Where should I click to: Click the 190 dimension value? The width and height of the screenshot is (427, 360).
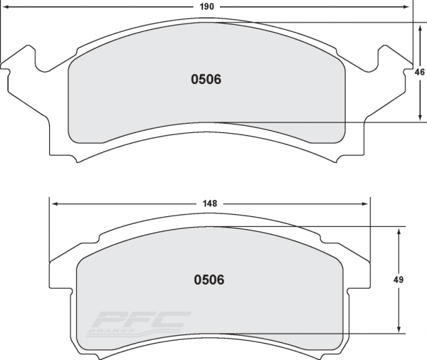[207, 6]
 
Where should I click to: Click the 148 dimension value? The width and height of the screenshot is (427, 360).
[210, 203]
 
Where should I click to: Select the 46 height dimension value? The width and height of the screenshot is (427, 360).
[420, 72]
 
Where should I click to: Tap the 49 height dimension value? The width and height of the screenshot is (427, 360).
[398, 280]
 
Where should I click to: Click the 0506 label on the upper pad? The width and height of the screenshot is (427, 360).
[206, 79]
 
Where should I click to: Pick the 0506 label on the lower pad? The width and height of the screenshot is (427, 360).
[209, 280]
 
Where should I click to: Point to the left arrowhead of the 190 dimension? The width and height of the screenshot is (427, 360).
[6, 7]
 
